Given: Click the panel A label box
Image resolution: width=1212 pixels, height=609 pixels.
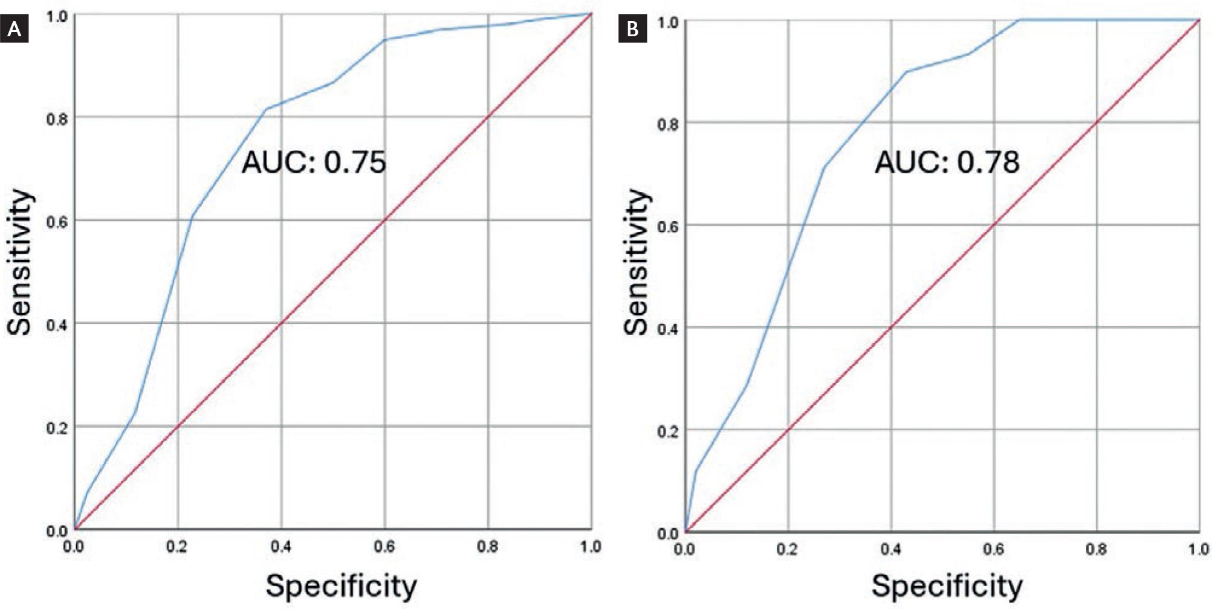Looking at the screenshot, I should coord(15,29).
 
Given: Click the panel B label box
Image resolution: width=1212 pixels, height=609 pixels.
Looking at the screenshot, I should coord(632,29).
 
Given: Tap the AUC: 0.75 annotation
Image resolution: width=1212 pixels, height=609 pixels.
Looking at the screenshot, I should coord(314,163).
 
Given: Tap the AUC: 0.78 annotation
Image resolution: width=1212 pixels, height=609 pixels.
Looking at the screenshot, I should coord(947,162).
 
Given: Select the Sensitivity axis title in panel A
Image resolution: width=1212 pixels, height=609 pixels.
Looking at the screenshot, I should coord(19,262).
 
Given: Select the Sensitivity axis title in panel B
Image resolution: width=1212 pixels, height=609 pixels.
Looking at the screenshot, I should coord(636,262).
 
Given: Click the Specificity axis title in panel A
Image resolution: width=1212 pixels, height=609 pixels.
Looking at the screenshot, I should coord(342,585).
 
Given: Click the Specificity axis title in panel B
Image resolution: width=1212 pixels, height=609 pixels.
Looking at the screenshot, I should coord(947,585).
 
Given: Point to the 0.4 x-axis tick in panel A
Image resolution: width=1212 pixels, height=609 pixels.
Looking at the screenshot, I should coord(281,547).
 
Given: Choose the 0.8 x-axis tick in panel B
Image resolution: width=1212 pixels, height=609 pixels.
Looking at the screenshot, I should coord(1097,549).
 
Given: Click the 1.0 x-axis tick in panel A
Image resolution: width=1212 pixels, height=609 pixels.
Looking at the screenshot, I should coord(591,547).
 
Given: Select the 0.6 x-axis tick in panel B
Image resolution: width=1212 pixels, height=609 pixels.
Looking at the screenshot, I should coord(994,549).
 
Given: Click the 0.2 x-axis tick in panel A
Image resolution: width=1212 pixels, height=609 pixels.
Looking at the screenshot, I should coord(178,547).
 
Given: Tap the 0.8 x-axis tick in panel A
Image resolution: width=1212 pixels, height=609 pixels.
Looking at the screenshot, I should coord(488,547).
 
